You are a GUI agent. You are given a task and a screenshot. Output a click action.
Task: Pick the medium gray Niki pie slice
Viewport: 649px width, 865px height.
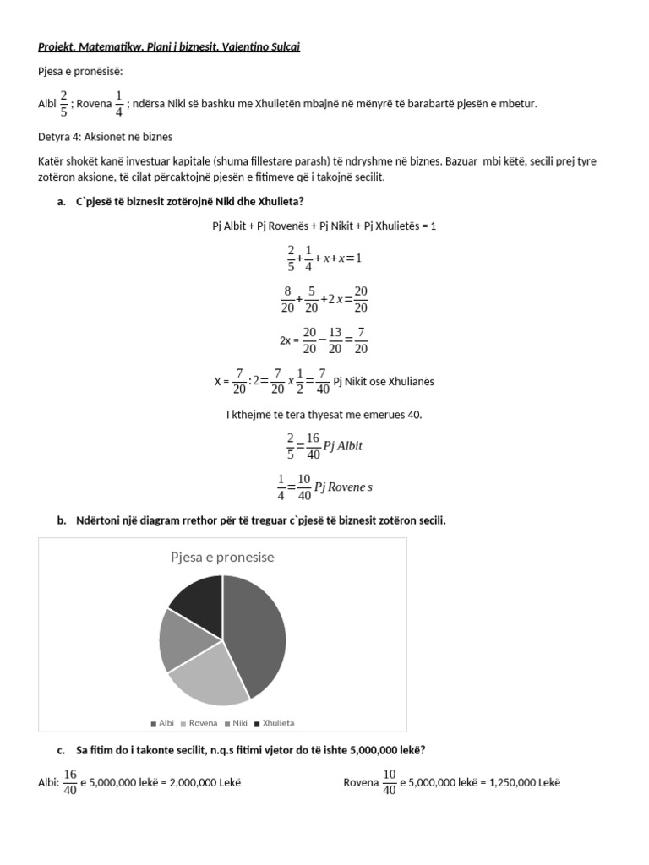(x=182, y=639)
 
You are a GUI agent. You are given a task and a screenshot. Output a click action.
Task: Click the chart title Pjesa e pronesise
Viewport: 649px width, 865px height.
(x=222, y=558)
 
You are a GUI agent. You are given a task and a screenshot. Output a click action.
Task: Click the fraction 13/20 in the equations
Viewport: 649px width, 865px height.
(x=335, y=340)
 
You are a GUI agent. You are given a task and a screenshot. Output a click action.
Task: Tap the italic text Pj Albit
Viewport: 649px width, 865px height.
(x=343, y=445)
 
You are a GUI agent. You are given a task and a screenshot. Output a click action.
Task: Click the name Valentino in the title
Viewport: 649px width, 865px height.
(x=242, y=46)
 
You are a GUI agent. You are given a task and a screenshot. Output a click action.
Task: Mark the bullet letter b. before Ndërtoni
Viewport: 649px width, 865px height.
(x=62, y=520)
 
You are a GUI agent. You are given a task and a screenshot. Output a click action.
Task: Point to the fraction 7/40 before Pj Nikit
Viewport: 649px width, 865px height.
(x=323, y=381)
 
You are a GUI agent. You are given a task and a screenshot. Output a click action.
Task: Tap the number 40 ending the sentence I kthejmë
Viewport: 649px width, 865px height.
(x=414, y=415)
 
